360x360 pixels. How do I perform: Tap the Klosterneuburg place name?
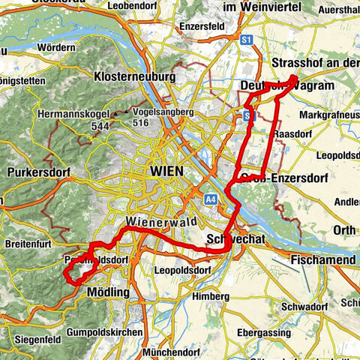(x=135, y=76)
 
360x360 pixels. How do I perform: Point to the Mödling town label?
(x=109, y=292)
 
